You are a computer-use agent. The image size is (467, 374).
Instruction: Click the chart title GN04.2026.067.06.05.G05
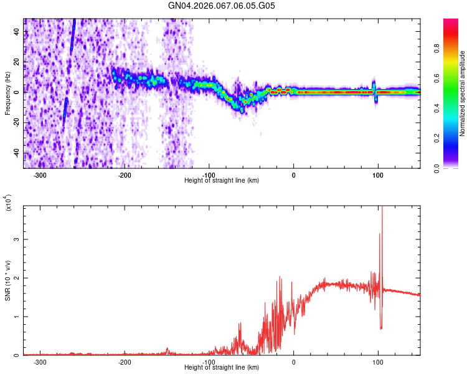pyautogui.click(x=222, y=6)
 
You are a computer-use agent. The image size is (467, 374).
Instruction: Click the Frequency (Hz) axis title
pyautogui.click(x=7, y=93)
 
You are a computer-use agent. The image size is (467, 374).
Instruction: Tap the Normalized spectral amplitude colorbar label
pyautogui.click(x=463, y=93)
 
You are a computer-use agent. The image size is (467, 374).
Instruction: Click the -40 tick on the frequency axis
pyautogui.click(x=17, y=153)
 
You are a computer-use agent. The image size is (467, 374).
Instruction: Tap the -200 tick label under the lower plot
pyautogui.click(x=125, y=362)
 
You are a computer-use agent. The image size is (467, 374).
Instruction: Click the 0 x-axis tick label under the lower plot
pyautogui.click(x=294, y=362)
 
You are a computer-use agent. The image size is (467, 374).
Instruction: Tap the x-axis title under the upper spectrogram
pyautogui.click(x=222, y=181)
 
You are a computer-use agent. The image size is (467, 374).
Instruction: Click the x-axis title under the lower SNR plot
pyautogui.click(x=222, y=368)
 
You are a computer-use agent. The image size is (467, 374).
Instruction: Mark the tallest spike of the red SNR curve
pyautogui.click(x=382, y=209)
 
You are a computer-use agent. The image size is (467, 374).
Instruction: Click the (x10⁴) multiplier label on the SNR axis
pyautogui.click(x=7, y=203)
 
